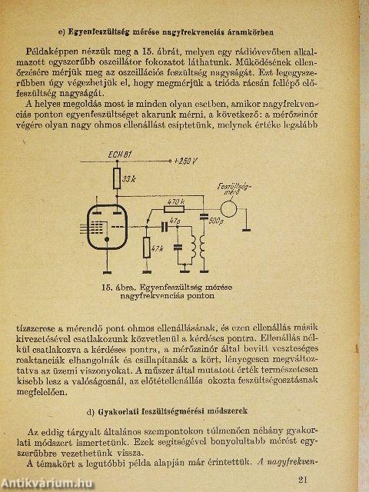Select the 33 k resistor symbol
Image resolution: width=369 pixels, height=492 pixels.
click(x=117, y=181)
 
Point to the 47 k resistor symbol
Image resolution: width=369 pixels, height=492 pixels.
click(x=148, y=248)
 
